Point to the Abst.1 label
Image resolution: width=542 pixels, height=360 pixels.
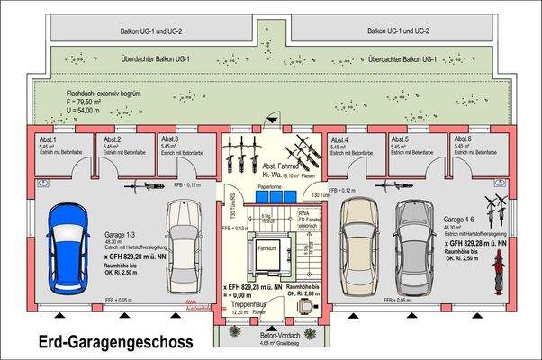click(x=48, y=140)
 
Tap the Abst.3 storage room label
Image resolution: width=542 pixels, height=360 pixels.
click(x=170, y=139)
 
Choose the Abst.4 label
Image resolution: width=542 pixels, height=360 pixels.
click(x=340, y=140)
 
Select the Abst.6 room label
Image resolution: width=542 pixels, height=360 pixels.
click(x=462, y=139)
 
